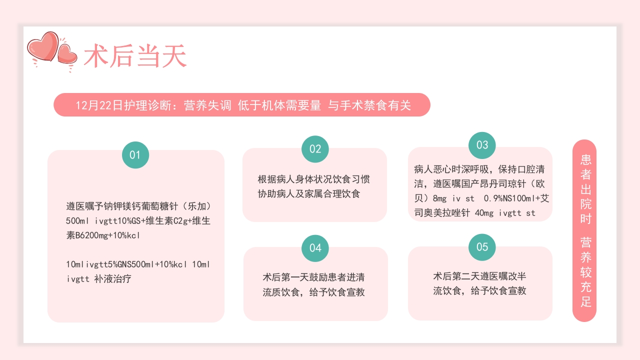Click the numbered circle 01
[x=135, y=155]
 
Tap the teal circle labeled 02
[x=315, y=149]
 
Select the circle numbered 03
[x=482, y=145]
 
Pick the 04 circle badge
[x=315, y=248]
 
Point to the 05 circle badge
[x=482, y=247]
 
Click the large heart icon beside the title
[x=43, y=47]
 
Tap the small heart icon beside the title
[x=67, y=54]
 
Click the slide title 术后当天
[x=135, y=56]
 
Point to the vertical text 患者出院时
[x=585, y=189]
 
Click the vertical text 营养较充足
[x=585, y=272]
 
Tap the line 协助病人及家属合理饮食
[x=308, y=194]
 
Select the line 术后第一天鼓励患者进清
[x=313, y=277]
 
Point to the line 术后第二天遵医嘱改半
[x=479, y=276]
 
